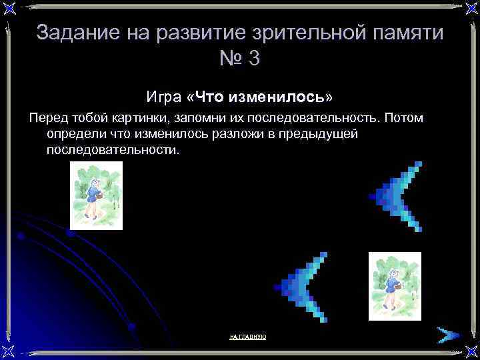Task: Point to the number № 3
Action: pos(239,59)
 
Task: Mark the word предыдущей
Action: pos(326,134)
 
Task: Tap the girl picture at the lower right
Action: pos(395,286)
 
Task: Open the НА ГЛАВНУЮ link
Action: pos(247,337)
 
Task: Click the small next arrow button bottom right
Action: pos(446,334)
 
